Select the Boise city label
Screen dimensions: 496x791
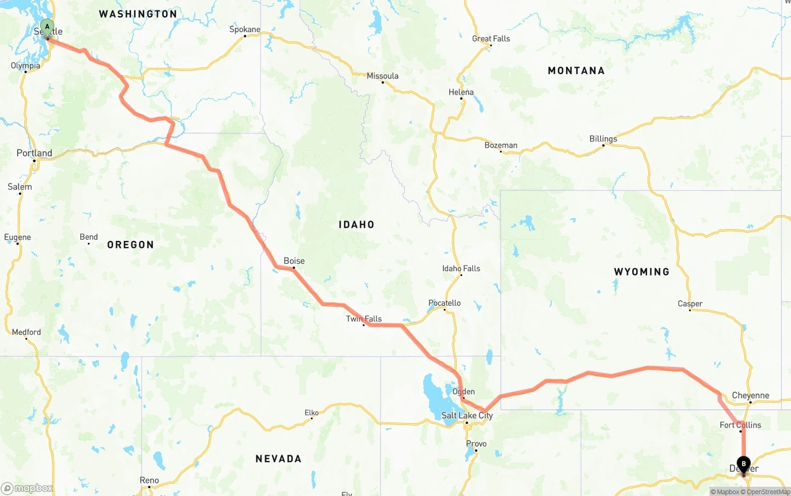tap(294, 261)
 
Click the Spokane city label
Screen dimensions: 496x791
tap(245, 29)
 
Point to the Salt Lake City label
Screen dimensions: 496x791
tap(467, 416)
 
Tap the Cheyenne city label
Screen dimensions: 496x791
tap(750, 395)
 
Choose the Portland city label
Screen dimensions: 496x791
tap(35, 153)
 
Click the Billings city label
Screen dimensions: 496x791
tap(603, 139)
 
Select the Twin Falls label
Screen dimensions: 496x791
tap(363, 319)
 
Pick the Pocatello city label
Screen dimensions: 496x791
tap(444, 303)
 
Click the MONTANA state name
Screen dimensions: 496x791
tap(576, 71)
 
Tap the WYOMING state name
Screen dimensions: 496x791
tap(641, 272)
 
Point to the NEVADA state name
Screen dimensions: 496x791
tap(279, 459)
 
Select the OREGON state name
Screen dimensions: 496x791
tap(130, 245)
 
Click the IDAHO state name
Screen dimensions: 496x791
tap(357, 225)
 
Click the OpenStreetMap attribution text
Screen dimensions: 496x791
tap(768, 492)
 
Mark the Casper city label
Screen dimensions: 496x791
tap(690, 304)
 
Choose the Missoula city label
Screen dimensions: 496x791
tap(383, 77)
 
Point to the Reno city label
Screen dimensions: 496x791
tap(149, 481)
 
